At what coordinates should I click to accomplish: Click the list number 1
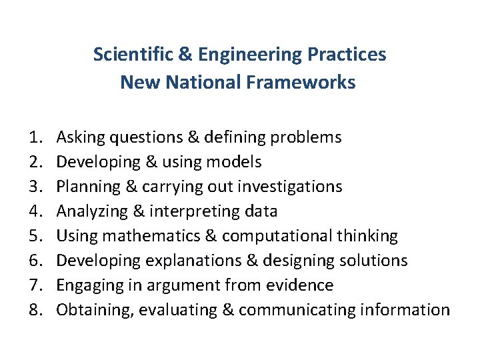(x=35, y=137)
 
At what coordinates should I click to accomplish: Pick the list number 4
(x=35, y=211)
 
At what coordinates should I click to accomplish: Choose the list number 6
(x=35, y=261)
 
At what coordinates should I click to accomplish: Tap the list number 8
(x=35, y=310)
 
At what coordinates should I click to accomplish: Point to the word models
(x=234, y=162)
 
